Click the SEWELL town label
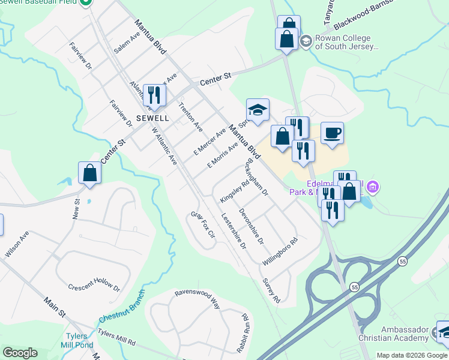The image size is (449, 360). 152,118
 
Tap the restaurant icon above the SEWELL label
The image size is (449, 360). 154,95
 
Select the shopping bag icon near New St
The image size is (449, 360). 89,173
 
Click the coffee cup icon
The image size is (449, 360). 332,133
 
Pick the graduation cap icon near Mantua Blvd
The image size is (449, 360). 257,110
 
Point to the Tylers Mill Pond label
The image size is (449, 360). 76,340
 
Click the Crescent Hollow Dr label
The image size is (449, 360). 94,288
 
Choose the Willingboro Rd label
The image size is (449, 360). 280,252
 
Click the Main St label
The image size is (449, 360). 55,306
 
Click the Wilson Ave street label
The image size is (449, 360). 17,245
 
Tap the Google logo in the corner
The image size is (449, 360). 19,352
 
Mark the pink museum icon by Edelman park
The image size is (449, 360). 374,188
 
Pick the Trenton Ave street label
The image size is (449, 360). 191,115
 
